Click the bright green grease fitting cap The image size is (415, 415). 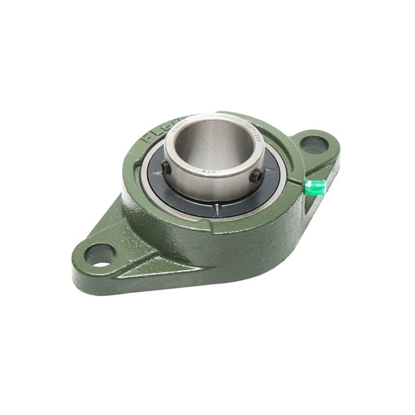pos(314,186)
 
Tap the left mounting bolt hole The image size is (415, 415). pos(99,254)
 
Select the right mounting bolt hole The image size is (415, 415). pos(312,145)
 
